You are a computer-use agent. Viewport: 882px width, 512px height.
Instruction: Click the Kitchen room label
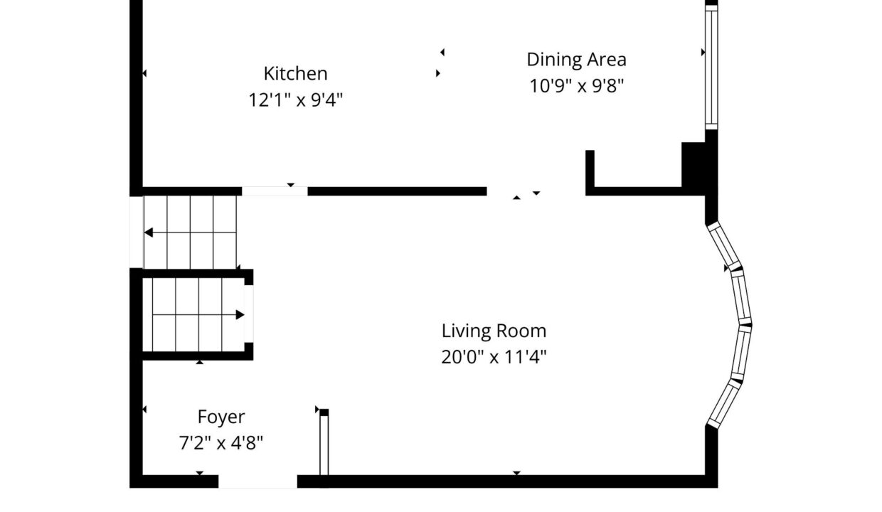(295, 73)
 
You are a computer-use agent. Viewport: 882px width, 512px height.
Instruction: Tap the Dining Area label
(576, 60)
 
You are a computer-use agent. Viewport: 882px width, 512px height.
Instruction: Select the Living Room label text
(494, 331)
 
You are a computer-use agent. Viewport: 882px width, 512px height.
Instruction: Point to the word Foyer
(221, 417)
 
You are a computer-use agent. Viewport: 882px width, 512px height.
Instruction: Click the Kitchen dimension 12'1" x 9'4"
(295, 100)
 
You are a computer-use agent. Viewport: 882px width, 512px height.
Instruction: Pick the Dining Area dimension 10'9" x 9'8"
(576, 86)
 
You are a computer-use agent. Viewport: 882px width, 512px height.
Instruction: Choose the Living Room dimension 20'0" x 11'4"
(494, 357)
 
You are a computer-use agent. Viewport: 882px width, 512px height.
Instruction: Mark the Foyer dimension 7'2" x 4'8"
(221, 443)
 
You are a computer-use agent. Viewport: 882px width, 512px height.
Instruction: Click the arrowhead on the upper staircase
(148, 233)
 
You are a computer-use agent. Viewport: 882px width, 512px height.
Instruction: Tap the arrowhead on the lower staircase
(240, 315)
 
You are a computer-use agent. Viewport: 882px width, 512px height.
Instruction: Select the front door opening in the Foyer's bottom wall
(258, 481)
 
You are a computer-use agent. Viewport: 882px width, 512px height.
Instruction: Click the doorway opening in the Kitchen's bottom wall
(275, 191)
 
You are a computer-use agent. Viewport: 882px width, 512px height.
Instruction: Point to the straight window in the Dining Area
(711, 68)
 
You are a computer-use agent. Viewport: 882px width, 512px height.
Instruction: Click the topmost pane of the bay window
(724, 246)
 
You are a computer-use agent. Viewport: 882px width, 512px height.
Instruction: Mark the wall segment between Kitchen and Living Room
(397, 191)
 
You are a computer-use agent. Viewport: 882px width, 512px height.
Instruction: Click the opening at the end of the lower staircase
(249, 314)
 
